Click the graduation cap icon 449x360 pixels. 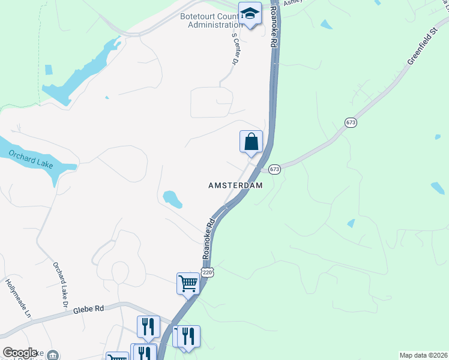[x=250, y=14]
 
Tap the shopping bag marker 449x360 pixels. [x=252, y=142]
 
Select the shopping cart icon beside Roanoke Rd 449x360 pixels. [x=188, y=283]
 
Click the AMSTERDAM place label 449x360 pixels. [x=235, y=185]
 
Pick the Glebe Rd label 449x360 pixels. [x=88, y=309]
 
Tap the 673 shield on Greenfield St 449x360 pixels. [x=351, y=122]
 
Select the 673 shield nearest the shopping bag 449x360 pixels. [x=274, y=169]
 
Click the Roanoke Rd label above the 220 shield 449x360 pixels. [x=209, y=238]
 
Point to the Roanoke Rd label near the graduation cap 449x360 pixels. [x=275, y=27]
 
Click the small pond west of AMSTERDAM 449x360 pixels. [x=172, y=199]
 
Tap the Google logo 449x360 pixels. [x=20, y=353]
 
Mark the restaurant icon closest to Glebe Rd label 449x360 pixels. [x=148, y=326]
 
